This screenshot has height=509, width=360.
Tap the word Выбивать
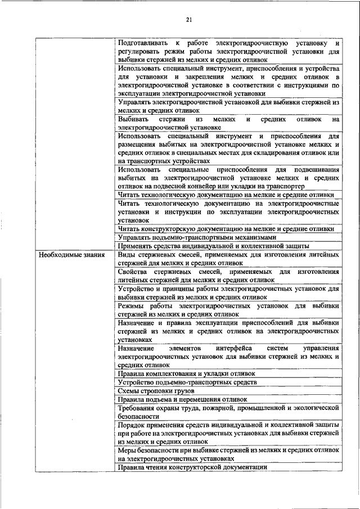(x=133, y=119)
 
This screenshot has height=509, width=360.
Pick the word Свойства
(x=134, y=272)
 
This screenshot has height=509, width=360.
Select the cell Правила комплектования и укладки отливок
(x=186, y=373)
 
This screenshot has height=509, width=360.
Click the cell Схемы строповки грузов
(x=156, y=390)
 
